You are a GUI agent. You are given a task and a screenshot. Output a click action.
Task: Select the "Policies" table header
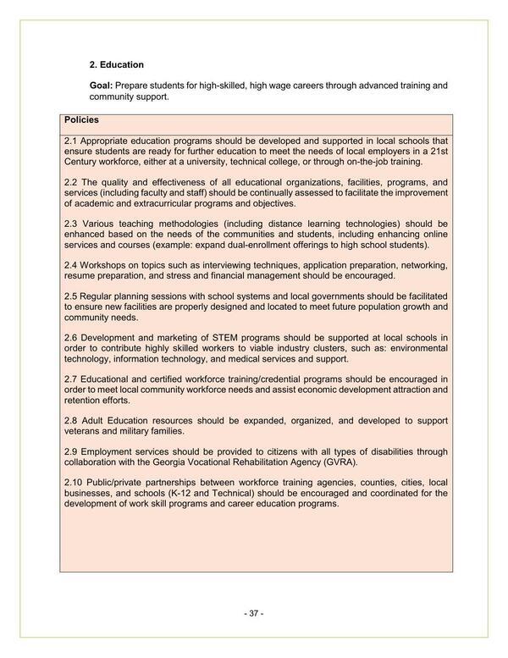pos(82,120)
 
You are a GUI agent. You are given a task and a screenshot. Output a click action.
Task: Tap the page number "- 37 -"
pos(254,613)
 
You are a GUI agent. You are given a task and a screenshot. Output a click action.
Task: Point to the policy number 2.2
pos(71,182)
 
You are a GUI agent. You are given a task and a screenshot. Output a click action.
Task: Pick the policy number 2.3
pos(71,224)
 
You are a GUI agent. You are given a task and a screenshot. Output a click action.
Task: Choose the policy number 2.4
pos(71,265)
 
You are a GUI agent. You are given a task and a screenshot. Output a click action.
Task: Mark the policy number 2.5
pos(71,295)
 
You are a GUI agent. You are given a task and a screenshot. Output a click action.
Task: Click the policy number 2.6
pos(71,338)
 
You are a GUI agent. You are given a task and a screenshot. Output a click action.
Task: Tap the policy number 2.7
pos(71,379)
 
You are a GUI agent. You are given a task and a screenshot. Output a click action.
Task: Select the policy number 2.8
pos(71,421)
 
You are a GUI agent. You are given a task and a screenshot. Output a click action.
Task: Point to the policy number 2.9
pos(71,451)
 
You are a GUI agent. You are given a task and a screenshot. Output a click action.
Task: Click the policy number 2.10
pos(74,482)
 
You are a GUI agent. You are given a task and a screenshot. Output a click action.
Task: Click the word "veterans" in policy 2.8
pos(84,431)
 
